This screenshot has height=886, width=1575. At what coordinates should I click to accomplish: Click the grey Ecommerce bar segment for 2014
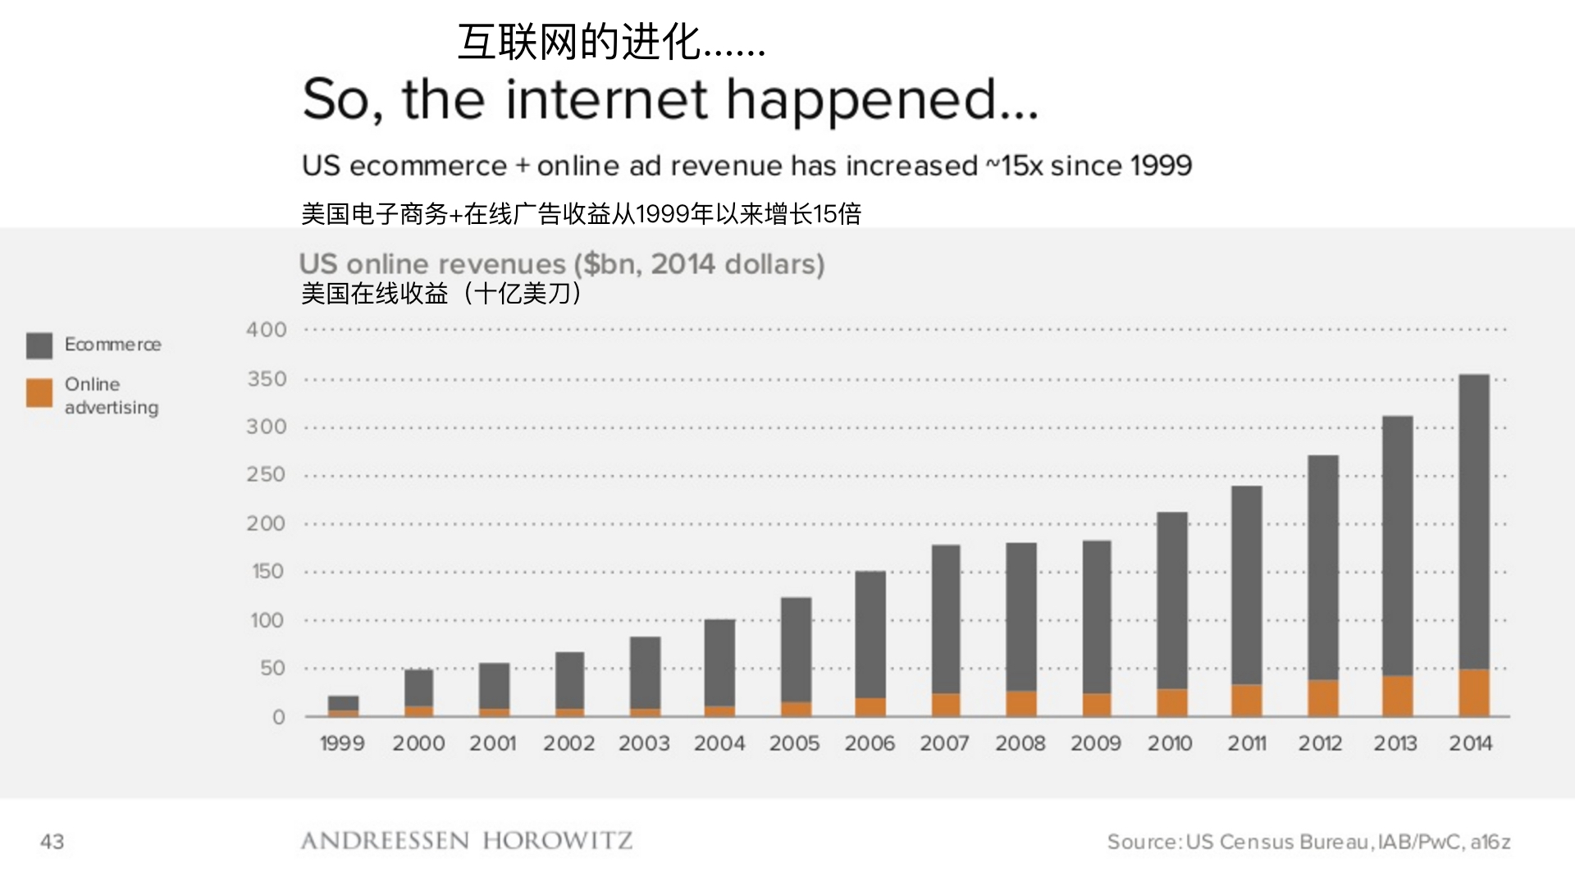pyautogui.click(x=1474, y=521)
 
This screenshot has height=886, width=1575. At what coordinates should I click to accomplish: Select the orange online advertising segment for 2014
pyautogui.click(x=1474, y=693)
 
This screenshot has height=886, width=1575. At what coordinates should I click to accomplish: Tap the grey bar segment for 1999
pyautogui.click(x=343, y=703)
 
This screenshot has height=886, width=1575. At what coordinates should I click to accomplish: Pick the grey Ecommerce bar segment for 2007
pyautogui.click(x=946, y=619)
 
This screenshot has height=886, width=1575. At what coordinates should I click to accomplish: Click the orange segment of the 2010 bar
pyautogui.click(x=1172, y=703)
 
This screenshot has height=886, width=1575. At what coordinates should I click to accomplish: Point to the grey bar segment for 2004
pyautogui.click(x=719, y=663)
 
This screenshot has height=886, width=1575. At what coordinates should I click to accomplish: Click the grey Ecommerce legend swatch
pyautogui.click(x=39, y=345)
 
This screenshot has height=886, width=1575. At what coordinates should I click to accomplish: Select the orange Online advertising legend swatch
pyautogui.click(x=39, y=393)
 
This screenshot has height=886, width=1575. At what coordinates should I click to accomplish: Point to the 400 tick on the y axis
pyautogui.click(x=267, y=330)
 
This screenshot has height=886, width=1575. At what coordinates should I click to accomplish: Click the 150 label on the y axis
pyautogui.click(x=267, y=572)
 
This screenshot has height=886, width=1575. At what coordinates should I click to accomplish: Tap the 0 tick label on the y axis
pyautogui.click(x=279, y=718)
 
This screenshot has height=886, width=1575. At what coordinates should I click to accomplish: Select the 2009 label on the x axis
pyautogui.click(x=1096, y=744)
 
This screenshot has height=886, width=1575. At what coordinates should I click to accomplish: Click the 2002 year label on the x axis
pyautogui.click(x=568, y=744)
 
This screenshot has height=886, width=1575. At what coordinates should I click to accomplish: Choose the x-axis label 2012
pyautogui.click(x=1320, y=744)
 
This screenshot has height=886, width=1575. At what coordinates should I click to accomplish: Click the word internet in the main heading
pyautogui.click(x=607, y=99)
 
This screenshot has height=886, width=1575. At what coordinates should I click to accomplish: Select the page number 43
pyautogui.click(x=52, y=842)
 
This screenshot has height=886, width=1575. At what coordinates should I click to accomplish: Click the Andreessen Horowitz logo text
pyautogui.click(x=466, y=841)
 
